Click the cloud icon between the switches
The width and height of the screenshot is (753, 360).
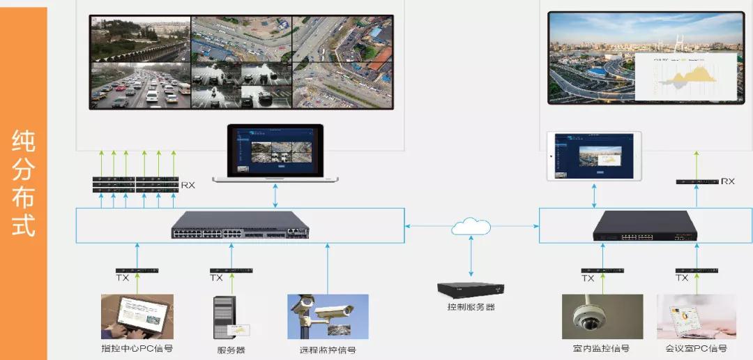pyautogui.click(x=471, y=226)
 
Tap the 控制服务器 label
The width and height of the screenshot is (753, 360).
pyautogui.click(x=471, y=307)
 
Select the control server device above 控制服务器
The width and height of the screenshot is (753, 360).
pyautogui.click(x=471, y=289)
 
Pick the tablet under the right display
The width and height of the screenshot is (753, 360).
pyautogui.click(x=594, y=156)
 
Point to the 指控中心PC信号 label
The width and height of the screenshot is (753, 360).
pyautogui.click(x=137, y=348)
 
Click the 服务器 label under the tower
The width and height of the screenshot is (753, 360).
pyautogui.click(x=231, y=350)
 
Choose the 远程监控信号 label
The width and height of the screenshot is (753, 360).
pyautogui.click(x=328, y=350)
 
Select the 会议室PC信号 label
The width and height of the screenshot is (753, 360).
pyautogui.click(x=695, y=348)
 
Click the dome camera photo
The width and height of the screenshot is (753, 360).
pyautogui.click(x=602, y=317)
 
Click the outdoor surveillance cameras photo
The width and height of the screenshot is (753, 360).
pyautogui.click(x=328, y=317)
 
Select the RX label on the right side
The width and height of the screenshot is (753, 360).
pyautogui.click(x=728, y=181)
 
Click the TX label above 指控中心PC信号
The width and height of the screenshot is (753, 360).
pyautogui.click(x=123, y=278)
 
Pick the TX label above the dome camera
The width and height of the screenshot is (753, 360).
pyautogui.click(x=588, y=278)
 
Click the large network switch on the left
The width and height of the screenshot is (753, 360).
pyautogui.click(x=240, y=225)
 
